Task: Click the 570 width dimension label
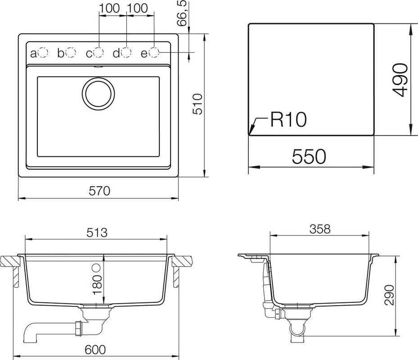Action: [x=99, y=191]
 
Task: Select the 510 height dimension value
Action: [x=198, y=104]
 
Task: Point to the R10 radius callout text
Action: [x=288, y=119]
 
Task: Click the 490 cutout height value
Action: [x=400, y=80]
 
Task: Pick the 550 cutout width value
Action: [x=309, y=157]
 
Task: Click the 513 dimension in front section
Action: [x=97, y=233]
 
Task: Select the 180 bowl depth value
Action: [x=98, y=284]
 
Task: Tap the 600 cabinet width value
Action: [x=95, y=350]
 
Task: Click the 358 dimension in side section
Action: [x=320, y=229]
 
